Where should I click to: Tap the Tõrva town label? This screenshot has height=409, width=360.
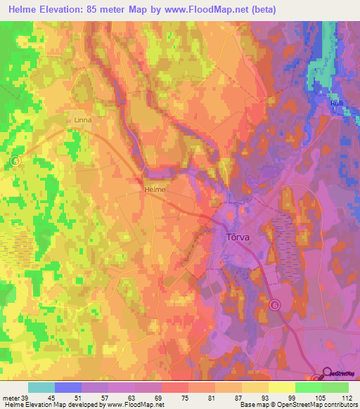click(x=239, y=238)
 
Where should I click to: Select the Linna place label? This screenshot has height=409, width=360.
click(x=83, y=120)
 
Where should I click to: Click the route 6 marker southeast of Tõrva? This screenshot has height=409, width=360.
click(x=275, y=304)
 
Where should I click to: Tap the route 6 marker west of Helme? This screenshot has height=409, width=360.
click(x=15, y=161)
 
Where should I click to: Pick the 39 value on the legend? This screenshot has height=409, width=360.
click(x=27, y=398)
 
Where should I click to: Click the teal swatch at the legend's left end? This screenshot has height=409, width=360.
click(x=41, y=387)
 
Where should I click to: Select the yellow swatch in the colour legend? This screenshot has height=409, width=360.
click(x=282, y=387)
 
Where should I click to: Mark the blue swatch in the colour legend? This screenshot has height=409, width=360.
click(x=68, y=387)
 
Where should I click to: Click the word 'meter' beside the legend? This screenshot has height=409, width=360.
click(x=11, y=398)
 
